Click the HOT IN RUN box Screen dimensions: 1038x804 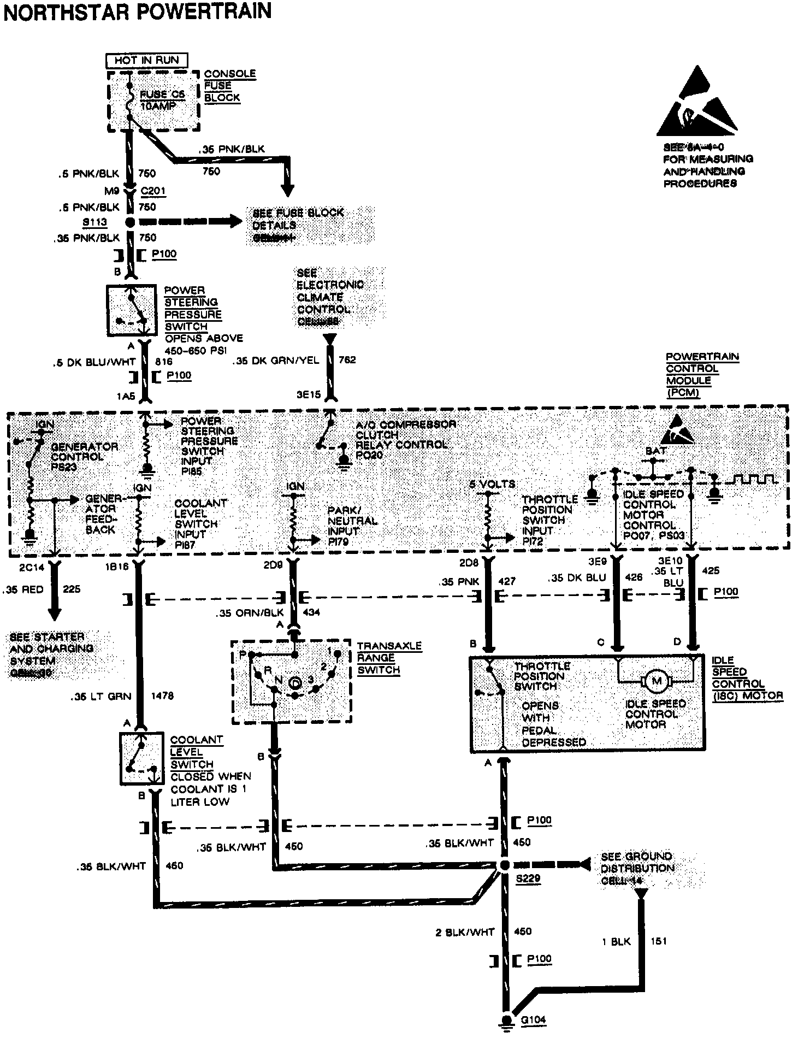(146, 60)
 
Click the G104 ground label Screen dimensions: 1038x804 (534, 1019)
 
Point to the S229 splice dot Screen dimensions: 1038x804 (504, 865)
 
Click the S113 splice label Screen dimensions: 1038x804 (94, 222)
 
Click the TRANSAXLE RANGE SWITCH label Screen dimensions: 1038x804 (389, 658)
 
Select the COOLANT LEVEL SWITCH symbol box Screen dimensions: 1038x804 (141, 758)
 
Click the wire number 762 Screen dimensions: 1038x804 (347, 360)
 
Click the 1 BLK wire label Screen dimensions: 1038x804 (616, 941)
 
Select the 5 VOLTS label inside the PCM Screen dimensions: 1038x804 (492, 484)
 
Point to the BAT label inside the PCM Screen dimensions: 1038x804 (655, 451)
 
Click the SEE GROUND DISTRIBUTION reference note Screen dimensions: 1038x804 (637, 868)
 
